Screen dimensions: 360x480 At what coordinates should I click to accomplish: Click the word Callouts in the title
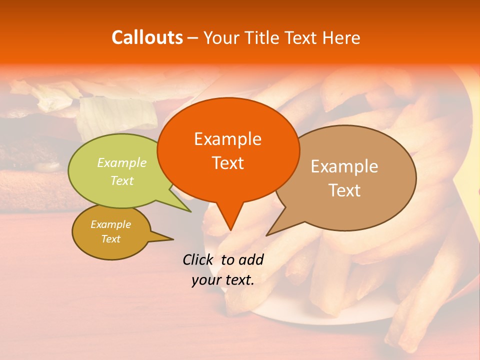[147, 37]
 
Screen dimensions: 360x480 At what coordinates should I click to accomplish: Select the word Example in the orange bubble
[227, 139]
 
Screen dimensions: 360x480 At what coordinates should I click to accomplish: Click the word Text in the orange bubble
[227, 163]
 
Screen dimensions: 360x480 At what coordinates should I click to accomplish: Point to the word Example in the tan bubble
[344, 166]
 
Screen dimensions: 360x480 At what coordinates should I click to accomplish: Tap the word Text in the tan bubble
[344, 190]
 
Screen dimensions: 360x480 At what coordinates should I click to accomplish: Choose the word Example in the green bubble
[122, 163]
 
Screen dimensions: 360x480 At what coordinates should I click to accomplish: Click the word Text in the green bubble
[122, 180]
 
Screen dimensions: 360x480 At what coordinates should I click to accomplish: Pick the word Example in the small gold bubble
[110, 224]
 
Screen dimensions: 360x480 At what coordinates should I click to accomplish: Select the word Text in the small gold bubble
[110, 239]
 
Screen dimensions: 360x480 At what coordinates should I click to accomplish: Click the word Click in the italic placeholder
[198, 259]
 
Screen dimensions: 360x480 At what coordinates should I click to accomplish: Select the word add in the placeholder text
[251, 259]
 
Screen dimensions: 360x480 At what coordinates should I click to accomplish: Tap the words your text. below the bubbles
[223, 280]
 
